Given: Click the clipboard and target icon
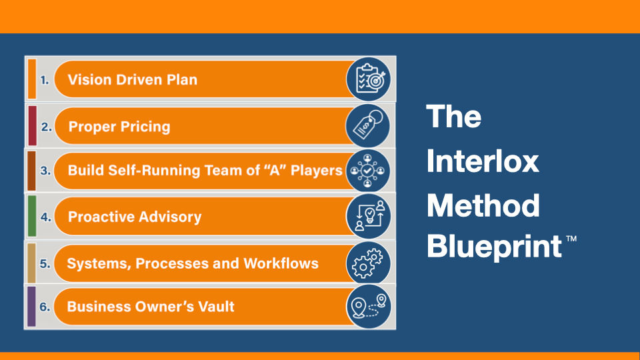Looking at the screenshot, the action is pos(369,79).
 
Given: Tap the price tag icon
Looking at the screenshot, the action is pos(368,126).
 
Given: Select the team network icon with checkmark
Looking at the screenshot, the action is pos(368,171).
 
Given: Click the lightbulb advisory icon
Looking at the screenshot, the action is pos(369,216).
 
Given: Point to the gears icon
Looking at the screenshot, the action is pos(369,263).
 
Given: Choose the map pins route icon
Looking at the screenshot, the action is pos(369,307).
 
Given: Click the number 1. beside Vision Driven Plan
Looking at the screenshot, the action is pos(45,80).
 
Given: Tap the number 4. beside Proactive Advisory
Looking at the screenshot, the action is pos(46,217).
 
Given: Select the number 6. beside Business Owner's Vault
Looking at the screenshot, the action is pos(45,307).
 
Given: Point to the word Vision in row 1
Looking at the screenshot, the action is pos(89,79).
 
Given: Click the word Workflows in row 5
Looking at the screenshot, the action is pos(281,263).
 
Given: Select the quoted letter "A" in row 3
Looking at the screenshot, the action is pos(275,170).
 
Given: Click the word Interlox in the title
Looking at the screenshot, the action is pos(483,161).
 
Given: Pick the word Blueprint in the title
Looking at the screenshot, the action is pos(495,247).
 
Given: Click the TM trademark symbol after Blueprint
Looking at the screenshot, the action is pos(571,239).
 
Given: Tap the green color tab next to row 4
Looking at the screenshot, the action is pos(32,216).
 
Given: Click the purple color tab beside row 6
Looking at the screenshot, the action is pos(31,307).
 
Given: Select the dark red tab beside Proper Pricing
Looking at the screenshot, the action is pos(32,126).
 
